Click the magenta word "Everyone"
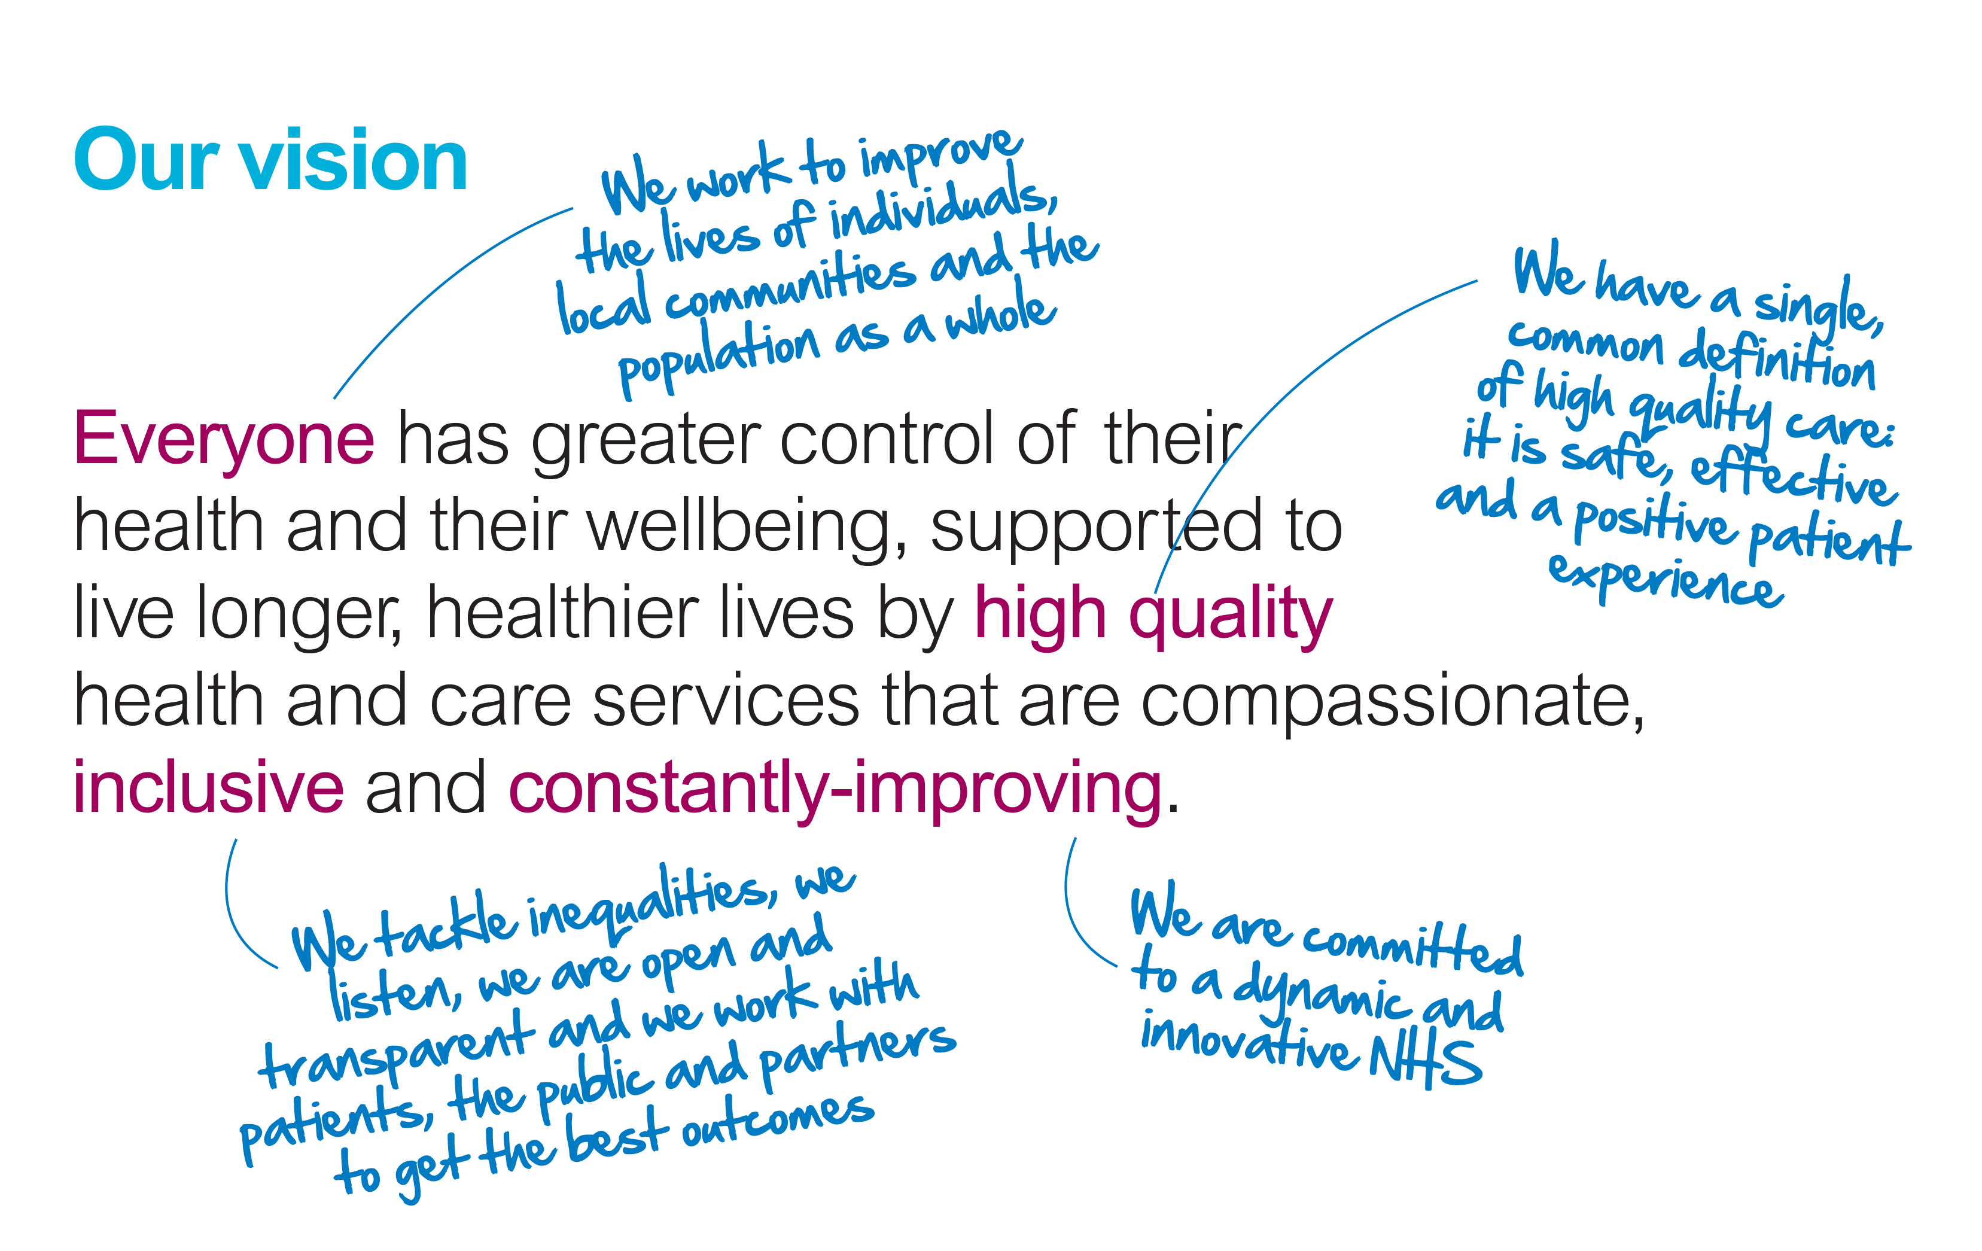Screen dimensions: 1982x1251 tap(224, 441)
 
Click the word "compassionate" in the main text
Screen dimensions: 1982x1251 tap(1387, 702)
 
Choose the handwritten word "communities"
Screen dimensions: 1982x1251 tap(790, 285)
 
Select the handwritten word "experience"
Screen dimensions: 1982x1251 tap(1666, 580)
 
